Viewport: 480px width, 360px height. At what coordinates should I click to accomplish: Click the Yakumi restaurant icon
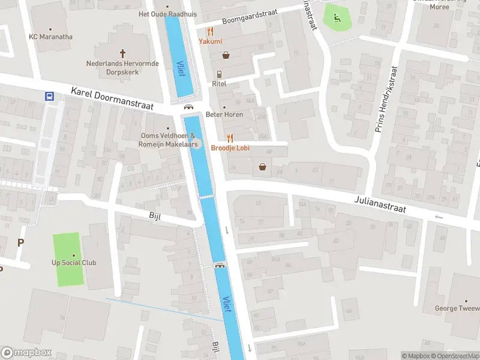click(211, 31)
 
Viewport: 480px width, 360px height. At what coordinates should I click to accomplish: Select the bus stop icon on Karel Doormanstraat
click(49, 96)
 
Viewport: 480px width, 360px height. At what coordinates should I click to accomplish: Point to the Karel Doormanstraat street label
click(112, 98)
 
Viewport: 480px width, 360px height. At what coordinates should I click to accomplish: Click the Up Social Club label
click(74, 263)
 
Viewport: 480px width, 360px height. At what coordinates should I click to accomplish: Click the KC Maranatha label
click(50, 37)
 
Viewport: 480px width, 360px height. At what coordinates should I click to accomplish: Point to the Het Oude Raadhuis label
click(167, 14)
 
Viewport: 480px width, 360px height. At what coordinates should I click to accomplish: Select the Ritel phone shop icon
click(220, 74)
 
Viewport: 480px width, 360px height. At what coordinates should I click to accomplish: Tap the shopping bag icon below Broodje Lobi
click(262, 167)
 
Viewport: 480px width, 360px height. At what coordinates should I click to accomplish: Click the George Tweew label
click(457, 308)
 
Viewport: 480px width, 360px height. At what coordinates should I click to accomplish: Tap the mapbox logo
click(26, 353)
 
